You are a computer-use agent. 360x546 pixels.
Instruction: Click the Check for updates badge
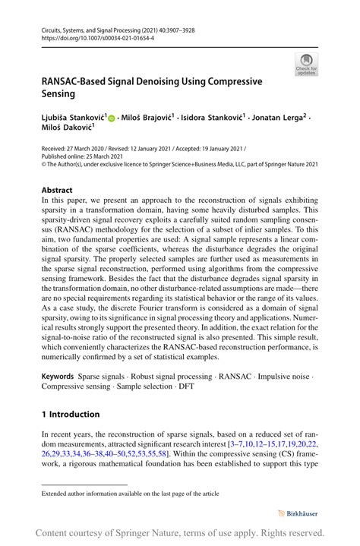click(307, 65)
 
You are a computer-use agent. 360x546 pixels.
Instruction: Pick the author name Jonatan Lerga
click(283, 118)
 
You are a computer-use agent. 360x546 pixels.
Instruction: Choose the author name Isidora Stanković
click(214, 118)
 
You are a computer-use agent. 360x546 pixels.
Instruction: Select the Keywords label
click(57, 376)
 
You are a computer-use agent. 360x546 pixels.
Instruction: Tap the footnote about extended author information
click(130, 493)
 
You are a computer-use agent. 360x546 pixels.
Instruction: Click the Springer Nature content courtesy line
click(180, 533)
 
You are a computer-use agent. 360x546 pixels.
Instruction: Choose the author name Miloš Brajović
click(148, 118)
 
